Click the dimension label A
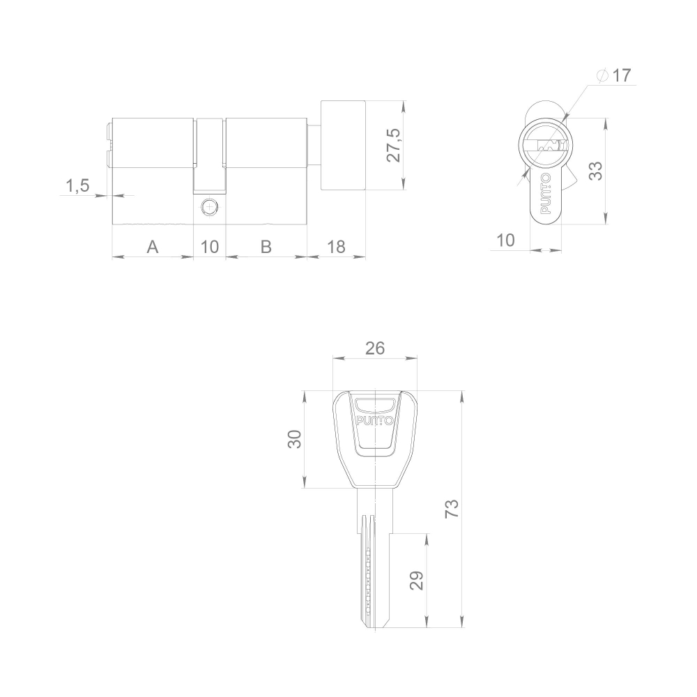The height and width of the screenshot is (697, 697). tap(152, 246)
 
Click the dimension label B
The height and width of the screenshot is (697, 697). tap(266, 246)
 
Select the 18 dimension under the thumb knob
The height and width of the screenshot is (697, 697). tap(336, 246)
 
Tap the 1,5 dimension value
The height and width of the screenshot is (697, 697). tap(77, 185)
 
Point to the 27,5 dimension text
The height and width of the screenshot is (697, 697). tap(394, 145)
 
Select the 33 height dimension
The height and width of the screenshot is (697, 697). tap(595, 171)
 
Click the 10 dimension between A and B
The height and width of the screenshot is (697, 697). tap(209, 246)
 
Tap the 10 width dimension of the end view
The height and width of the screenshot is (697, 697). tap(505, 240)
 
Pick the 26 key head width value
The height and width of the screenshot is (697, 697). tap(375, 348)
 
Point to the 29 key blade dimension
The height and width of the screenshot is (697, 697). tap(416, 581)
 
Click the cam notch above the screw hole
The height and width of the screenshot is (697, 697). tap(209, 155)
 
